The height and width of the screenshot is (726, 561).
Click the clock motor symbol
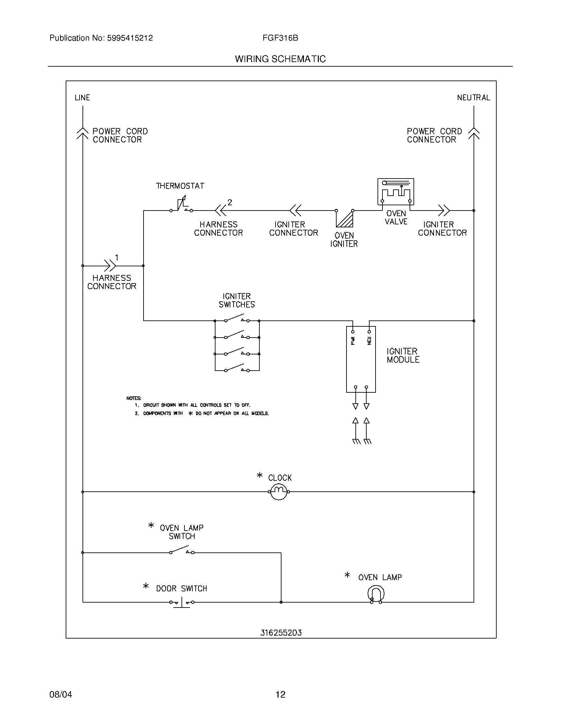(279, 492)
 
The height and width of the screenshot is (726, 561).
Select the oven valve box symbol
(395, 192)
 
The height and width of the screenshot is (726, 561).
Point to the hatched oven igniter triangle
(346, 219)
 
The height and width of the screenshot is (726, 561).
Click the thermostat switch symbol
(181, 205)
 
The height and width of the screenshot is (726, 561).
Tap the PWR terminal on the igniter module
(353, 331)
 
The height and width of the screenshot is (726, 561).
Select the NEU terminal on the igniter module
(369, 331)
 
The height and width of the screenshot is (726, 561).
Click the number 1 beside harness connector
(116, 257)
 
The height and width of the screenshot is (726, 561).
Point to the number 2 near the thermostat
(230, 202)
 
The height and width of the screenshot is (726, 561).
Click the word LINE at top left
(82, 98)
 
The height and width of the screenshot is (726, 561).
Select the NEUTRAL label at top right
(473, 98)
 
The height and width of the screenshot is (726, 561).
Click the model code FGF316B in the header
(280, 38)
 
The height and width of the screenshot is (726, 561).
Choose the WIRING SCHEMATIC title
(280, 59)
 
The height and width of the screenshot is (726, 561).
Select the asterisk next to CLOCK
(260, 475)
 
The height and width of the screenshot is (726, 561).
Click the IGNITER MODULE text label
(403, 355)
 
